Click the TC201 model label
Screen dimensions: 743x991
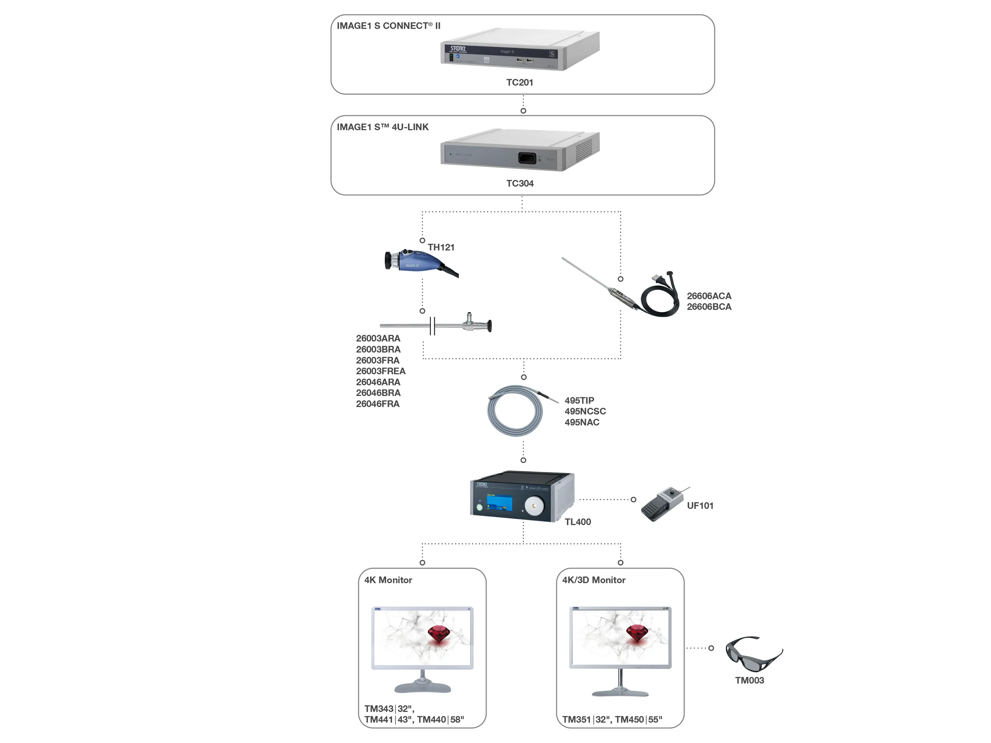519,82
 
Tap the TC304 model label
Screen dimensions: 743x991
519,183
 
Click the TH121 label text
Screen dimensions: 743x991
441,247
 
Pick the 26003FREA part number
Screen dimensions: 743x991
380,371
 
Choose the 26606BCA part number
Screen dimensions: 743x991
709,307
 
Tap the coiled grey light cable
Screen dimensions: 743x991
515,411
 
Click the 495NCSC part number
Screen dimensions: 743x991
585,411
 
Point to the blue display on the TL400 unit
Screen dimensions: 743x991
499,503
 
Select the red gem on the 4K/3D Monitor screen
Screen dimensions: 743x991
637,634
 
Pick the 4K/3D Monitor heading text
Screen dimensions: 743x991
594,580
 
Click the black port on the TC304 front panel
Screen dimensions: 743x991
527,158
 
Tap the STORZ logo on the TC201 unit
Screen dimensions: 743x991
458,48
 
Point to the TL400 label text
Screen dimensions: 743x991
578,522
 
